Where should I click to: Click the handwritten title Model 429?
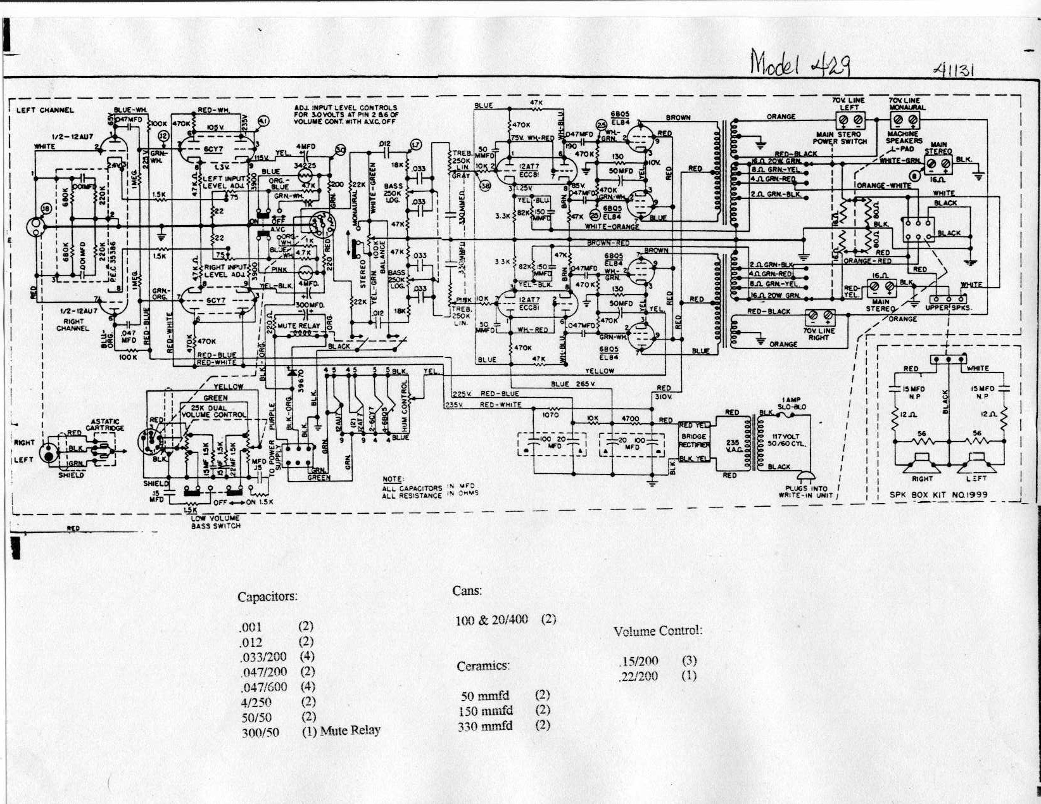point(800,63)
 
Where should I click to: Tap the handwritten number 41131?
point(953,70)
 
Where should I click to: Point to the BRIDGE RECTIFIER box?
point(694,441)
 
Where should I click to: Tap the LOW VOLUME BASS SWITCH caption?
point(216,522)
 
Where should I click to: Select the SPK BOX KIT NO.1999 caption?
point(938,495)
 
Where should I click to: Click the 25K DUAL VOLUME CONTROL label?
point(213,411)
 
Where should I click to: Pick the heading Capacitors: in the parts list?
point(267,597)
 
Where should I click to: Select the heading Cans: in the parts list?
point(467,590)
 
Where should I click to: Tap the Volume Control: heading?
point(658,631)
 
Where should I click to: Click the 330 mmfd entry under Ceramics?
point(485,726)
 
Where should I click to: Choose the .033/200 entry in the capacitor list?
point(263,656)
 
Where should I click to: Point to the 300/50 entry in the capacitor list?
point(260,732)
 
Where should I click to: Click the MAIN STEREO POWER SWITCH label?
point(840,137)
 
